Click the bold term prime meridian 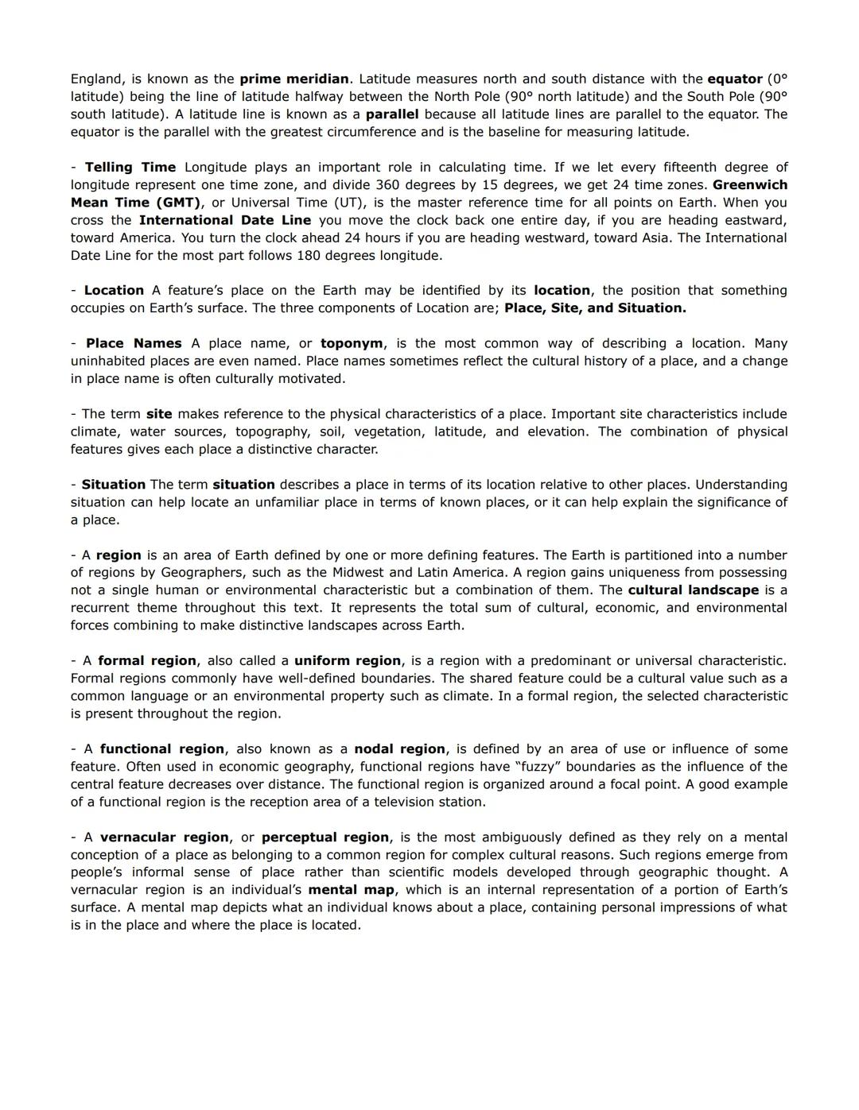(294, 79)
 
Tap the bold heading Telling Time (130, 168)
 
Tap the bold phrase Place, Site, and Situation (595, 308)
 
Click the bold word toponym (352, 344)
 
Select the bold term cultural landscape (693, 590)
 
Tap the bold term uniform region (348, 661)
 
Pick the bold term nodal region (399, 749)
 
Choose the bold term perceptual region (325, 837)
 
